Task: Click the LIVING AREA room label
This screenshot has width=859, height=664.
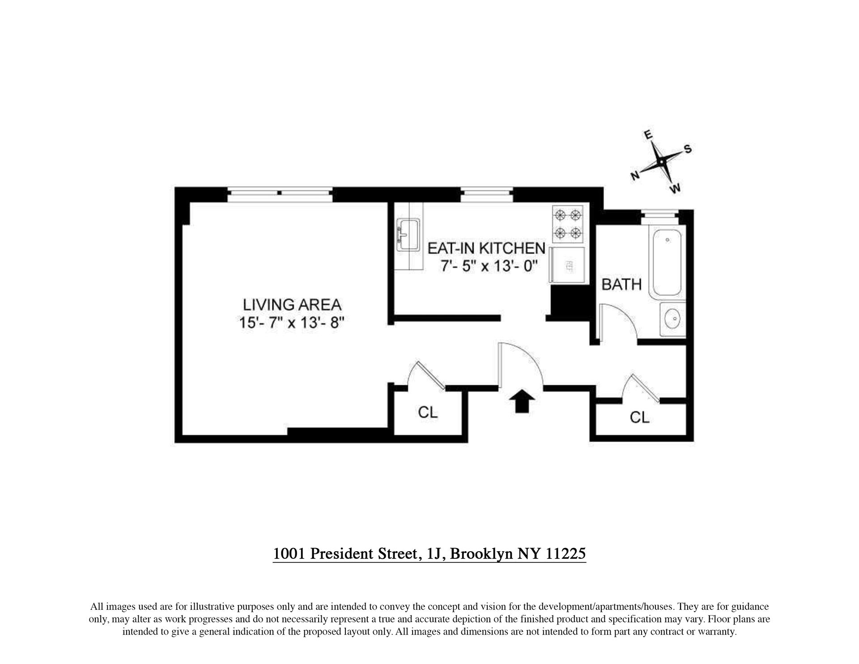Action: pos(292,305)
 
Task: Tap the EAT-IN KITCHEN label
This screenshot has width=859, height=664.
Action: pos(486,248)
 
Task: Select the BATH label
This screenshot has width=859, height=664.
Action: pos(621,284)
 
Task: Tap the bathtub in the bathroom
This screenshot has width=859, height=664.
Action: pos(667,262)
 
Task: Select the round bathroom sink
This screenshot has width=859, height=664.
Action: pos(672,319)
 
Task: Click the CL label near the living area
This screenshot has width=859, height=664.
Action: pos(428,412)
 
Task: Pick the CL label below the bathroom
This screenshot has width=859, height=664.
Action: pos(639,417)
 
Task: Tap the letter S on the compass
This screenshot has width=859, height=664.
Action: pos(688,149)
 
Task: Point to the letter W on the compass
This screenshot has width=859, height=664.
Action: pos(675,188)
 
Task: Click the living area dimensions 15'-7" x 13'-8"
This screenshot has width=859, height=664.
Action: pos(292,322)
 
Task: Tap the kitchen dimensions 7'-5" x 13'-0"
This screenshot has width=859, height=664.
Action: pos(489,266)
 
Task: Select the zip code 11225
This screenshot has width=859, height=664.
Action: pos(566,553)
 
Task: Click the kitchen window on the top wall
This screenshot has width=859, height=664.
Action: pos(487,193)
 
